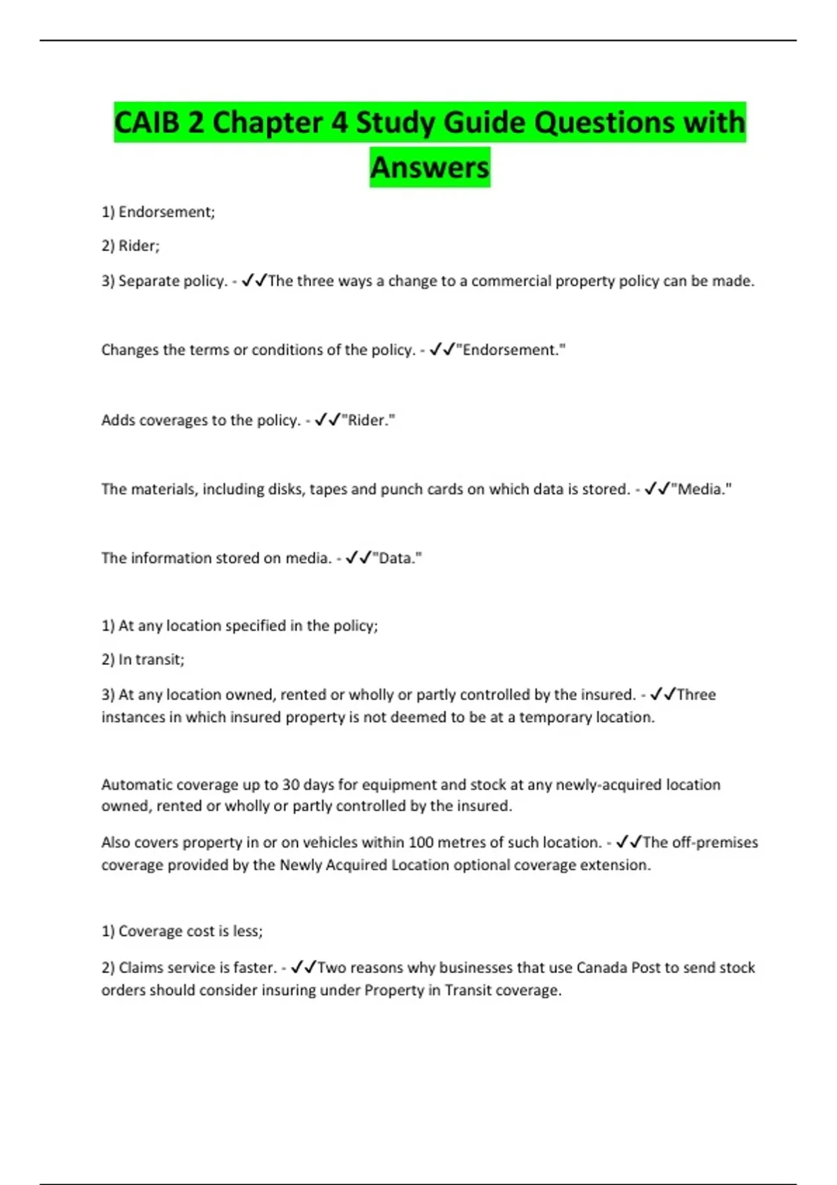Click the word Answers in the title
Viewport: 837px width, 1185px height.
[430, 167]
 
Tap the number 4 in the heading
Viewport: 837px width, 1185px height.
[339, 123]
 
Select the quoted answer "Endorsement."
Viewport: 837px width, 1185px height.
[511, 350]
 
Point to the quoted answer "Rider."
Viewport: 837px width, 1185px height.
[368, 420]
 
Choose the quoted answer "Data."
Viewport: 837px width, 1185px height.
[398, 558]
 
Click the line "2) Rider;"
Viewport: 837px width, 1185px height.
[130, 246]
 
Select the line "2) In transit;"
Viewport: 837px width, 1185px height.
[143, 659]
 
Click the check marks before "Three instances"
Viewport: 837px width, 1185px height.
[663, 694]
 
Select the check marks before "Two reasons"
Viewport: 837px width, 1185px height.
[303, 968]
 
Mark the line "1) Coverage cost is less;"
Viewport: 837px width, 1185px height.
[182, 931]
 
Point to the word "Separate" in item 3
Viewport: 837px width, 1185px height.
[147, 281]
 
